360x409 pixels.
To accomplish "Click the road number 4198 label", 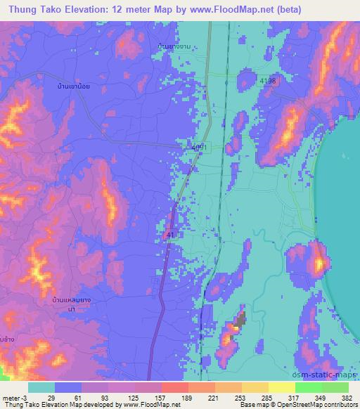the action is pos(268,82).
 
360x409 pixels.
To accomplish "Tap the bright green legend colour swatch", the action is pos(309,387).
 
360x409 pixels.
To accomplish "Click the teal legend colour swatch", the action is pos(41,387).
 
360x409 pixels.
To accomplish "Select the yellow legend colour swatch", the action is pos(282,387).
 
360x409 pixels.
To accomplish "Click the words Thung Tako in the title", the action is pos(32,9).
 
